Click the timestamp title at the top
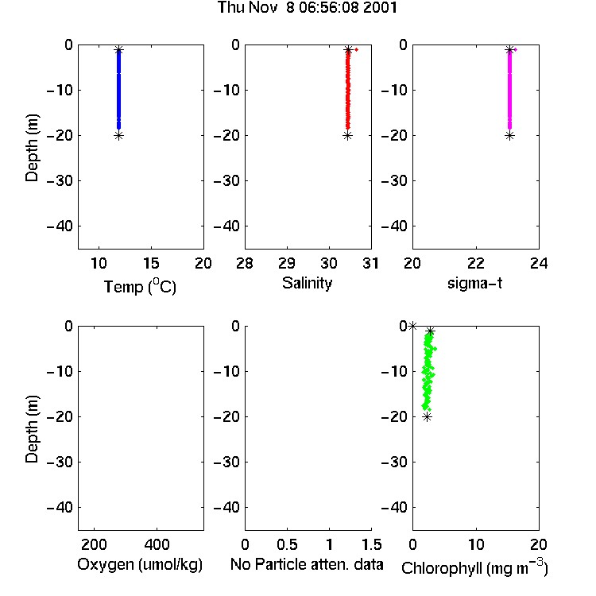pos(307,7)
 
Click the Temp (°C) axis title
pos(140,286)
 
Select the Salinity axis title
pos(307,283)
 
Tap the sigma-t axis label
pos(474,283)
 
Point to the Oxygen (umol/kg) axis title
pos(140,564)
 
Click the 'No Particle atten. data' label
pos(307,564)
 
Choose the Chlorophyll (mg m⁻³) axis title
pos(474,567)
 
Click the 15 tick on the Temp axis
pos(151,263)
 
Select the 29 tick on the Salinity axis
pos(287,263)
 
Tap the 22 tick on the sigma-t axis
pos(476,263)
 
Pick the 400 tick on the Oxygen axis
pos(157,544)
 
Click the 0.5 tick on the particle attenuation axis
pos(287,544)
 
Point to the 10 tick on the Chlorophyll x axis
pos(476,544)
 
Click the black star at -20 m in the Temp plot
pos(119,136)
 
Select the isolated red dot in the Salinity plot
pos(357,49)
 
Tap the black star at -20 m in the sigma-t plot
pos(509,136)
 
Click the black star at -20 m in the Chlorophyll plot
pos(428,417)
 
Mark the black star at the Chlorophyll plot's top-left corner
pos(412,326)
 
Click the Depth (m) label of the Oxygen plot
pos(32,429)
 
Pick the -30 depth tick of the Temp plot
pos(60,180)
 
